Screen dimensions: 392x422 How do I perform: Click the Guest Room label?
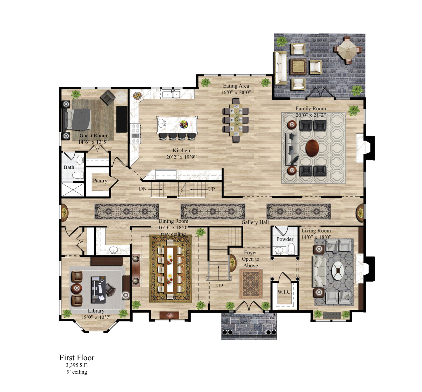coord(93,136)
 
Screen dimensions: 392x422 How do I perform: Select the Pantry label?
coord(100,181)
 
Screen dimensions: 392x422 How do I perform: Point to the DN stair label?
coord(143,189)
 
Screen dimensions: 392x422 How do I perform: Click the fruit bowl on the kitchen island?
coord(184,124)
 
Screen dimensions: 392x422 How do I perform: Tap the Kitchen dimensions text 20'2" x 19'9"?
coord(181,157)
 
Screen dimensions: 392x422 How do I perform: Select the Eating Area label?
coord(236,86)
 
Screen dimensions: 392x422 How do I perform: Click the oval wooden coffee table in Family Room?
coord(312,148)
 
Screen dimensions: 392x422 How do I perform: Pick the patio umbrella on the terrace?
coord(347,50)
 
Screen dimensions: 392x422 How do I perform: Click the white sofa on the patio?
coord(280,68)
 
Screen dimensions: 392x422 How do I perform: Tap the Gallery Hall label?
coord(255,222)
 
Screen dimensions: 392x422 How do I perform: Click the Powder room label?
coord(285,239)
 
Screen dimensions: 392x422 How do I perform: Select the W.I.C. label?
coord(284,292)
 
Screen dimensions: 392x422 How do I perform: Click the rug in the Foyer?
coord(251,284)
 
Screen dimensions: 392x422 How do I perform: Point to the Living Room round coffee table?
coord(338,271)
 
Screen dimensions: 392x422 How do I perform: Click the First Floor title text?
coord(77,358)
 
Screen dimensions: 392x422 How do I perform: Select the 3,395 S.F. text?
coord(77,365)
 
